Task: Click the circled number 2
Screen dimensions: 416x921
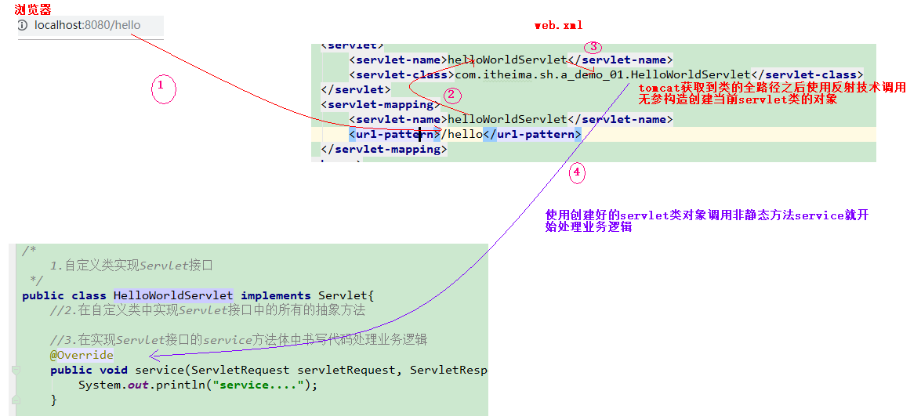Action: click(x=451, y=96)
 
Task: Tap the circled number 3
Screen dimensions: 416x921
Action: click(x=593, y=47)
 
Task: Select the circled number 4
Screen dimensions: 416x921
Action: click(x=576, y=172)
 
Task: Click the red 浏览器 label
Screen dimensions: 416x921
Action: click(x=33, y=9)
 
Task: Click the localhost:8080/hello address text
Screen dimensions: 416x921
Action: click(x=87, y=25)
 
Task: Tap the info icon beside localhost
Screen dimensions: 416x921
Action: click(x=23, y=25)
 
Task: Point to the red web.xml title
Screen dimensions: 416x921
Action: click(x=558, y=25)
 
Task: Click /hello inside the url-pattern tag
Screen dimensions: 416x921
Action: click(x=462, y=134)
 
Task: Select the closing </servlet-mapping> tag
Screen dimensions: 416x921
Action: click(x=384, y=149)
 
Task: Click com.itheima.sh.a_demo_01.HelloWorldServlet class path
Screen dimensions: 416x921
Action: click(x=603, y=74)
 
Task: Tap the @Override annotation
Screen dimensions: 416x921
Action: click(x=82, y=355)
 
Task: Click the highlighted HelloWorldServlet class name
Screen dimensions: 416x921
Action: click(x=173, y=295)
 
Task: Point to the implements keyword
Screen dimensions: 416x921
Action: click(x=276, y=295)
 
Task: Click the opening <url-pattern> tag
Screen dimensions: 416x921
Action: click(x=395, y=134)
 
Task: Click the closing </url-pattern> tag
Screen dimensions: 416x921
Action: click(x=532, y=134)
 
